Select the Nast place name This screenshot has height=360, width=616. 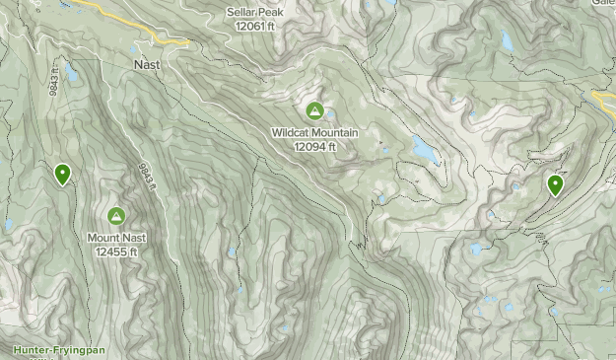[146, 64]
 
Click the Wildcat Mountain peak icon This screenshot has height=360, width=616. [314, 110]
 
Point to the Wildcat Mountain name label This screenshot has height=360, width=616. [314, 132]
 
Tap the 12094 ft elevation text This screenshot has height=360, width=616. [314, 146]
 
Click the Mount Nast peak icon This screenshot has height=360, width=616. [116, 216]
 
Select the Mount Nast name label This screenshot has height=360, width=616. [116, 238]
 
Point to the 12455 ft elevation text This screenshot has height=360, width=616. [116, 252]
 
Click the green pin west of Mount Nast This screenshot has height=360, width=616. [63, 175]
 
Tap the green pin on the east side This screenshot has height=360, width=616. [555, 184]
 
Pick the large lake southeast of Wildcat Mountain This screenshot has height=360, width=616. [425, 150]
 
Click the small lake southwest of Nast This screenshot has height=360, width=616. [71, 72]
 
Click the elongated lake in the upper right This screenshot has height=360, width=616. [507, 40]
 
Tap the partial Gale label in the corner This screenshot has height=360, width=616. [602, 4]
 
